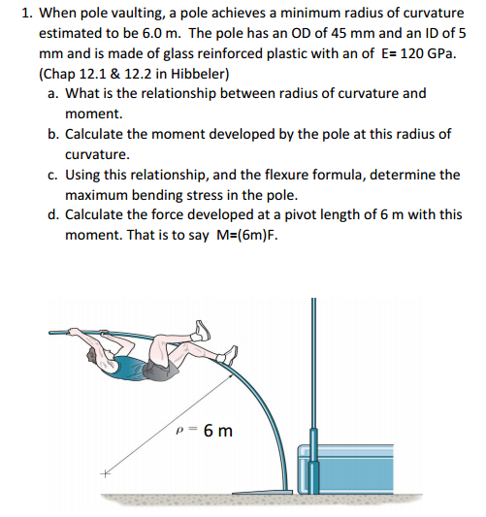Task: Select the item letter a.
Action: click(x=50, y=93)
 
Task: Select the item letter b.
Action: click(x=50, y=134)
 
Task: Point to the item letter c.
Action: click(x=50, y=175)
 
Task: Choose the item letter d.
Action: click(x=50, y=215)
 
